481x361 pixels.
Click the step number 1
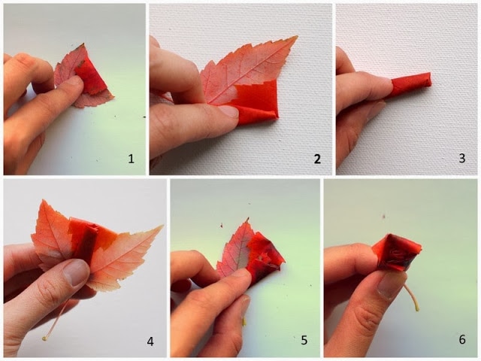131,159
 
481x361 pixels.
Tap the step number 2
317,159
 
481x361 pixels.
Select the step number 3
461,158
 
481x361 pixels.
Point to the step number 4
150,341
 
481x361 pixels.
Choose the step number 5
304,340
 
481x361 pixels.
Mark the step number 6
462,339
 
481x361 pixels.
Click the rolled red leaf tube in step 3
411,83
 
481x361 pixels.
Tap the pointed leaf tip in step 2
297,37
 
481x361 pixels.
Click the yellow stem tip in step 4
45,338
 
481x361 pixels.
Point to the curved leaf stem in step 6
413,297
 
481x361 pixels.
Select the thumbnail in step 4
75,272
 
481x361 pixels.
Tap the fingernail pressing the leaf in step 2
228,111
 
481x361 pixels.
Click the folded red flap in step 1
90,75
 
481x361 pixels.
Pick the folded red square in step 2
256,102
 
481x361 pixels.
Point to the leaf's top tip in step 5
247,219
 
